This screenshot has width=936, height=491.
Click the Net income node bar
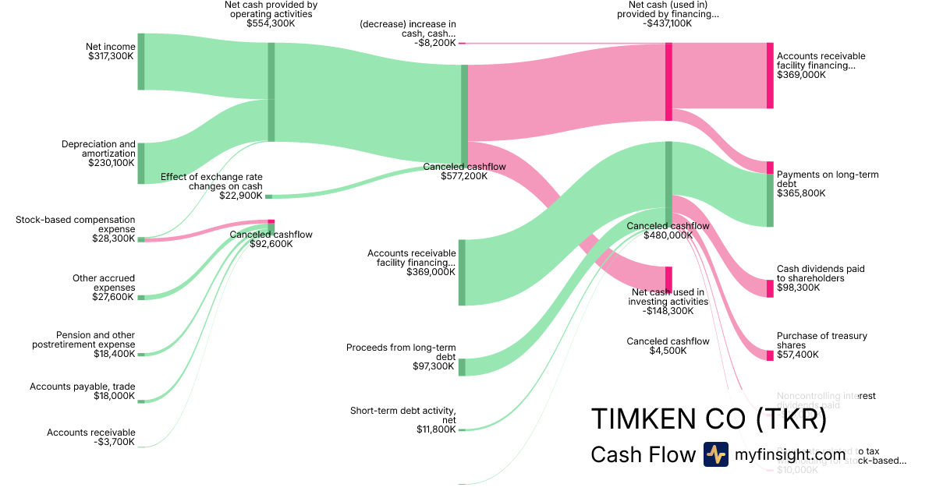coord(141,62)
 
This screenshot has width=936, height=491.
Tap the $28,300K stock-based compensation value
coord(114,238)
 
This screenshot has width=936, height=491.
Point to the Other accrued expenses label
coord(104,283)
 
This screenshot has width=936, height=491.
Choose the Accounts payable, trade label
coord(82,387)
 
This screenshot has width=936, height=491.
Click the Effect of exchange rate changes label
coord(211,182)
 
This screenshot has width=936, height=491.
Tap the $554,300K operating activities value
coord(271,23)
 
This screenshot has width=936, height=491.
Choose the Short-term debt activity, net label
coord(402,415)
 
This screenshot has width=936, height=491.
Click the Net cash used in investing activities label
coord(669,297)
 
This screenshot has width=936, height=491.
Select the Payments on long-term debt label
coord(828,179)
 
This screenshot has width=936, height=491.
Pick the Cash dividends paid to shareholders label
coord(821,274)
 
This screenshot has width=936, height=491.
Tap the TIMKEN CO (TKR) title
coord(708,419)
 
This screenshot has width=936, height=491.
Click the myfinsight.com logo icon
coord(715,454)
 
